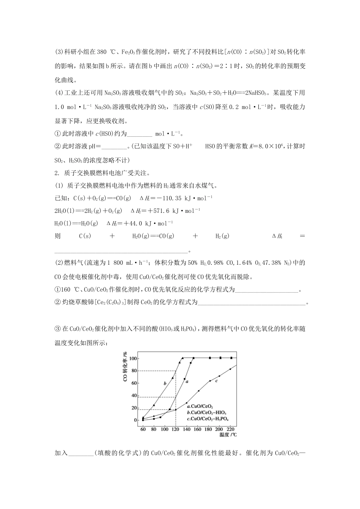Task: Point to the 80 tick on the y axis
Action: point(134,370)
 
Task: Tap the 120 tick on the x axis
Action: point(175,429)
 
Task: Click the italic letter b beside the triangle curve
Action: point(165,383)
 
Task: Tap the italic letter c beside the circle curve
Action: point(216,381)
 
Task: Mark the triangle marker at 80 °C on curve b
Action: point(154,405)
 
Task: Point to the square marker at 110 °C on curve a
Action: point(170,409)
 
